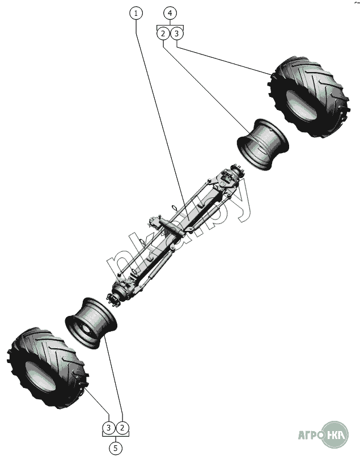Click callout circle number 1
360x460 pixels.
136,14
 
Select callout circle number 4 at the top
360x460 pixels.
170,14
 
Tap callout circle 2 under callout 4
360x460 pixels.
163,33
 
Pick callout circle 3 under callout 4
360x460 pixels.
176,33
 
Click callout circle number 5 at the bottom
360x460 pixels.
116,448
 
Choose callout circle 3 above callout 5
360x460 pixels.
109,428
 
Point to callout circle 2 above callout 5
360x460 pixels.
122,428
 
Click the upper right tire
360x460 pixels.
309,97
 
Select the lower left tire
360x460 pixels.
47,368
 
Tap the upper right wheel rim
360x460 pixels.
263,144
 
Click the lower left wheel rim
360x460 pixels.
91,323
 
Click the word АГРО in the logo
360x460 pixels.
311,435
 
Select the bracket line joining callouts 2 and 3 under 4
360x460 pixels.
170,26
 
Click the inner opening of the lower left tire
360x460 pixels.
40,377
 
